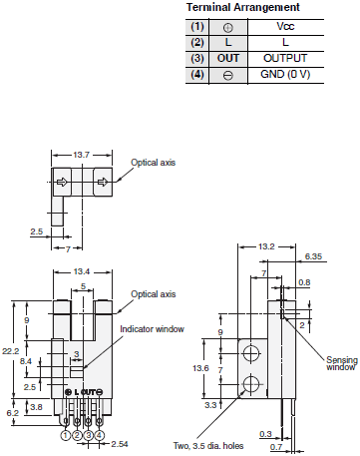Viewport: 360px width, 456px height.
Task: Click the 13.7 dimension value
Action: point(83,155)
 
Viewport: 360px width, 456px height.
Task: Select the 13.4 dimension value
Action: point(83,270)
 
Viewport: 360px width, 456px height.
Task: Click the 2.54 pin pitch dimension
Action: point(120,441)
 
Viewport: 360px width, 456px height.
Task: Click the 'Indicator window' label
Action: point(151,328)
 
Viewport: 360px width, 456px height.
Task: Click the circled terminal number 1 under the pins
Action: point(65,434)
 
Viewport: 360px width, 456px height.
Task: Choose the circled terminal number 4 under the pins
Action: point(99,434)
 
